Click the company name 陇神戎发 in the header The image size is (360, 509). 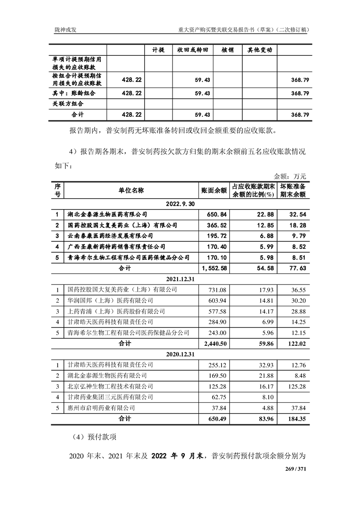(63, 29)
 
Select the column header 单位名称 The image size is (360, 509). (132, 191)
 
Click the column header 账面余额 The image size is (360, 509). (214, 191)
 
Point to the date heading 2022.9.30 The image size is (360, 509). (180, 204)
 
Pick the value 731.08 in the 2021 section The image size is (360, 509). (217, 289)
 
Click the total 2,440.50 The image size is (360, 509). (215, 343)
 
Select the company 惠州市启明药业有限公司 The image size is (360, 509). (101, 408)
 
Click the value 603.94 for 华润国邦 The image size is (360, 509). (217, 300)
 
